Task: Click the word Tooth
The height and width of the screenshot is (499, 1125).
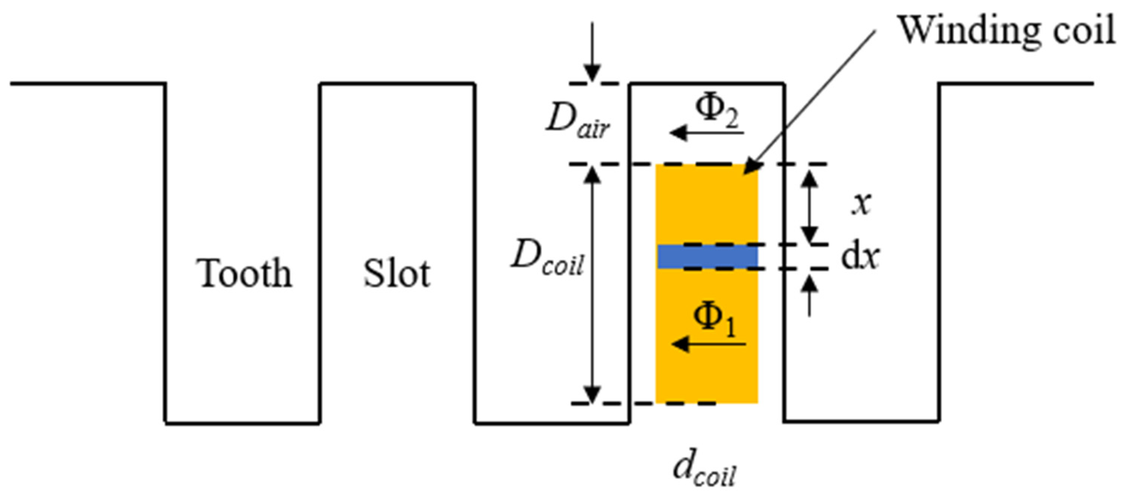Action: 244,274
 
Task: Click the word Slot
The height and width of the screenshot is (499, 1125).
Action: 397,274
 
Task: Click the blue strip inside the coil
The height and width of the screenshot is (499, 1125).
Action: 707,256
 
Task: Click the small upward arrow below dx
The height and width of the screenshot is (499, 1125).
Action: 810,295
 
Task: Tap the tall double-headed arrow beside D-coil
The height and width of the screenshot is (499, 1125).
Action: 592,284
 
